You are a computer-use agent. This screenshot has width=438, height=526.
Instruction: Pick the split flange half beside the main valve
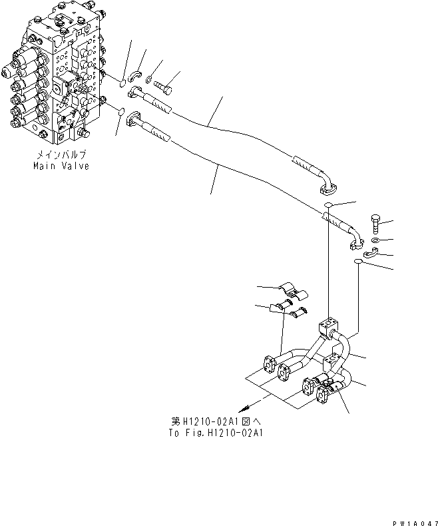pos(135,76)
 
